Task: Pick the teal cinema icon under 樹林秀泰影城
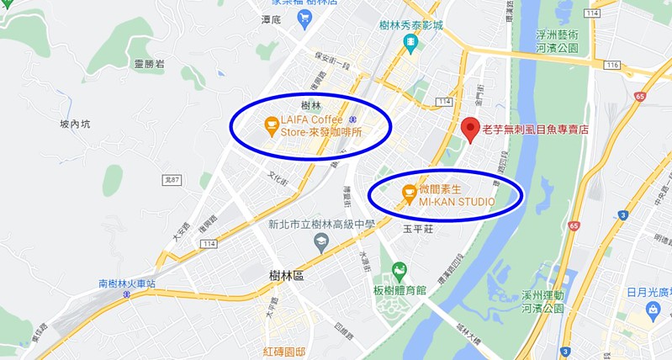pos(410,43)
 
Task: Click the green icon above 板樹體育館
pos(399,271)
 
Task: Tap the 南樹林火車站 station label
pos(127,283)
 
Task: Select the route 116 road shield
pos(611,65)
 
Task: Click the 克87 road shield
pos(170,180)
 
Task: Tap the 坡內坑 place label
pos(75,124)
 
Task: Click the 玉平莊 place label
pos(418,228)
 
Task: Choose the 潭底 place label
pos(271,19)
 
